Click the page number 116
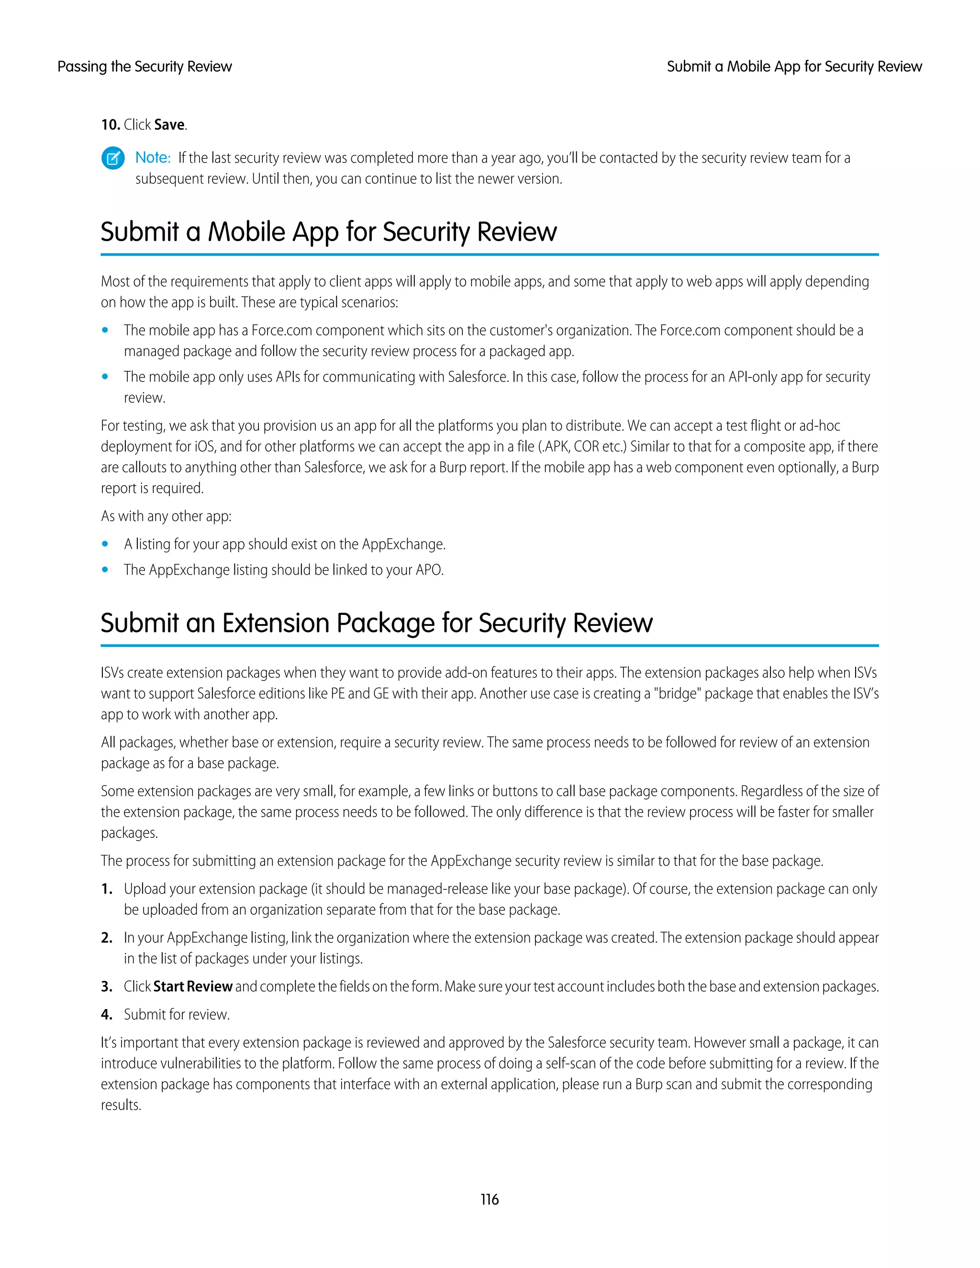coord(490,1200)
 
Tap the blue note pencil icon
coord(112,158)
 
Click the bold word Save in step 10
coord(169,125)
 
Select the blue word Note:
coord(153,158)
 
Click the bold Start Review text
coord(193,987)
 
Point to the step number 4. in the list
coord(107,1014)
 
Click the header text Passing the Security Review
coord(145,67)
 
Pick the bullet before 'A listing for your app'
coord(105,544)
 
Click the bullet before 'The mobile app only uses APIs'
coord(105,377)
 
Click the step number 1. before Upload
coord(107,889)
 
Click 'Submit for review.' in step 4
coord(177,1014)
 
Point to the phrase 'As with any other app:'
coord(166,516)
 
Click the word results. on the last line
coord(121,1105)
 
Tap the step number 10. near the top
coord(111,125)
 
